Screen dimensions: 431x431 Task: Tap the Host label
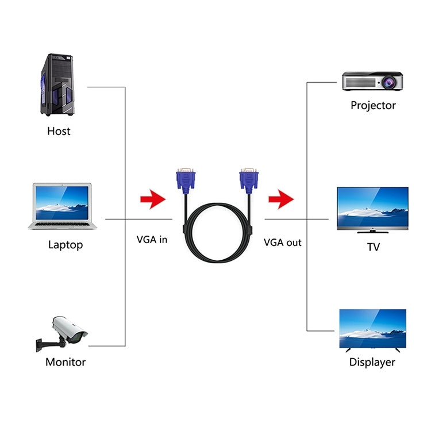(59, 131)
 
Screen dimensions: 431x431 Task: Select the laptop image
(63, 206)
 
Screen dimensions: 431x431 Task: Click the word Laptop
(66, 245)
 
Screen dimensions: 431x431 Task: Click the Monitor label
(66, 362)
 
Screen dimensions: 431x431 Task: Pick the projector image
(372, 81)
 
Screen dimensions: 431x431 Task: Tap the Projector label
(373, 105)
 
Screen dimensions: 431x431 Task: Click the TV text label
(373, 247)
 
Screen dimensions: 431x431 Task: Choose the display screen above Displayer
(372, 330)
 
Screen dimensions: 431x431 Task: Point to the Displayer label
(372, 362)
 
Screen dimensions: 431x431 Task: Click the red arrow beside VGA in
(152, 199)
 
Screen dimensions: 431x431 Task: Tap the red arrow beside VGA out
(281, 199)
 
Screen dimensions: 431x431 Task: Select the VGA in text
(152, 239)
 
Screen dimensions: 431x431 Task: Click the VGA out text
(283, 242)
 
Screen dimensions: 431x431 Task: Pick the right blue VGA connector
(248, 181)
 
